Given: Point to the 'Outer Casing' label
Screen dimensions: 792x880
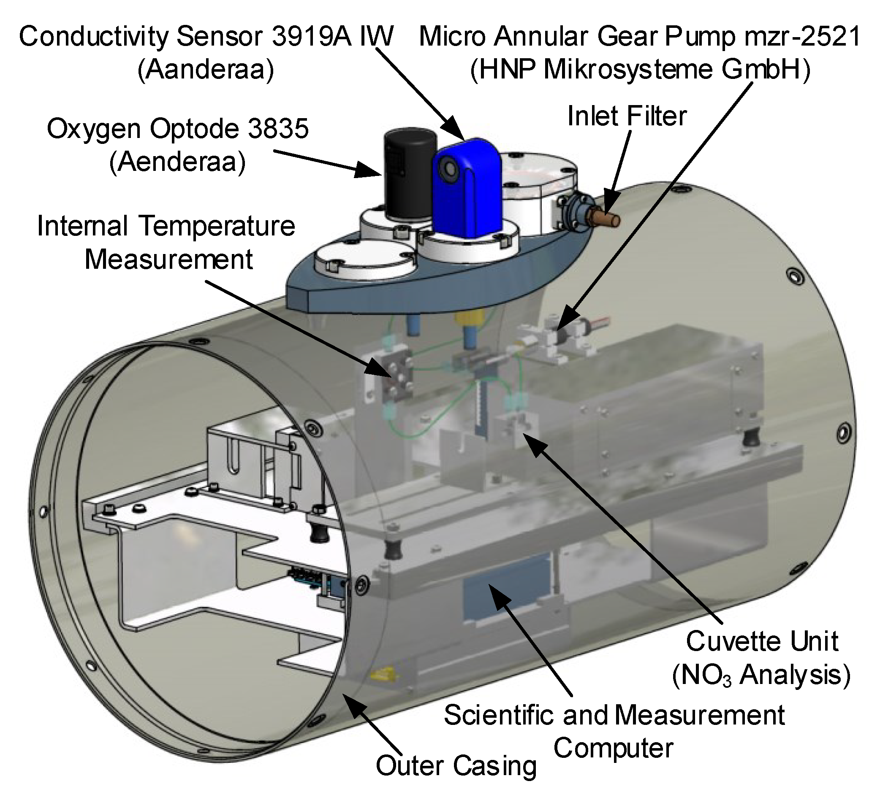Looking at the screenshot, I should (456, 765).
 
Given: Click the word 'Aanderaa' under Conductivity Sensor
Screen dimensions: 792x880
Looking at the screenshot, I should (206, 69).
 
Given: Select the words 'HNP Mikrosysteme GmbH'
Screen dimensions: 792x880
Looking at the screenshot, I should (640, 70).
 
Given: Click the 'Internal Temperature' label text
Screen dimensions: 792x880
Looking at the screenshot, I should (166, 226).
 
